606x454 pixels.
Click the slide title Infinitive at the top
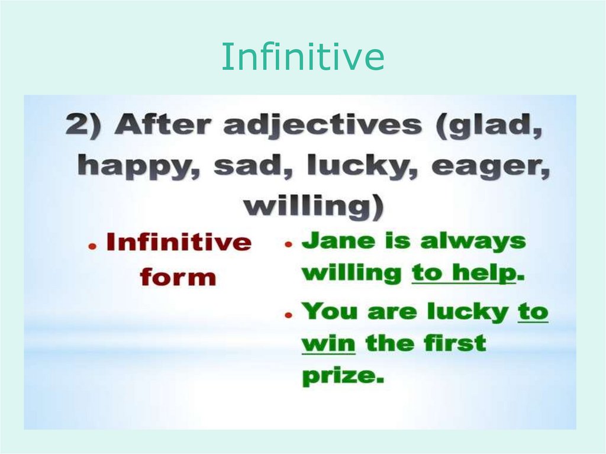tap(303, 57)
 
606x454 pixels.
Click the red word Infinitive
tap(179, 242)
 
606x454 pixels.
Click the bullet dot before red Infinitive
tap(92, 247)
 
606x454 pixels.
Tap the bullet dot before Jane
tap(288, 245)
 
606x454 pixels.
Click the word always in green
tap(473, 242)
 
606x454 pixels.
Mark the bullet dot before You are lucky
tap(288, 315)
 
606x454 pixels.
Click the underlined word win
tap(328, 343)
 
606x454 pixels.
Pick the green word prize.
tap(343, 375)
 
